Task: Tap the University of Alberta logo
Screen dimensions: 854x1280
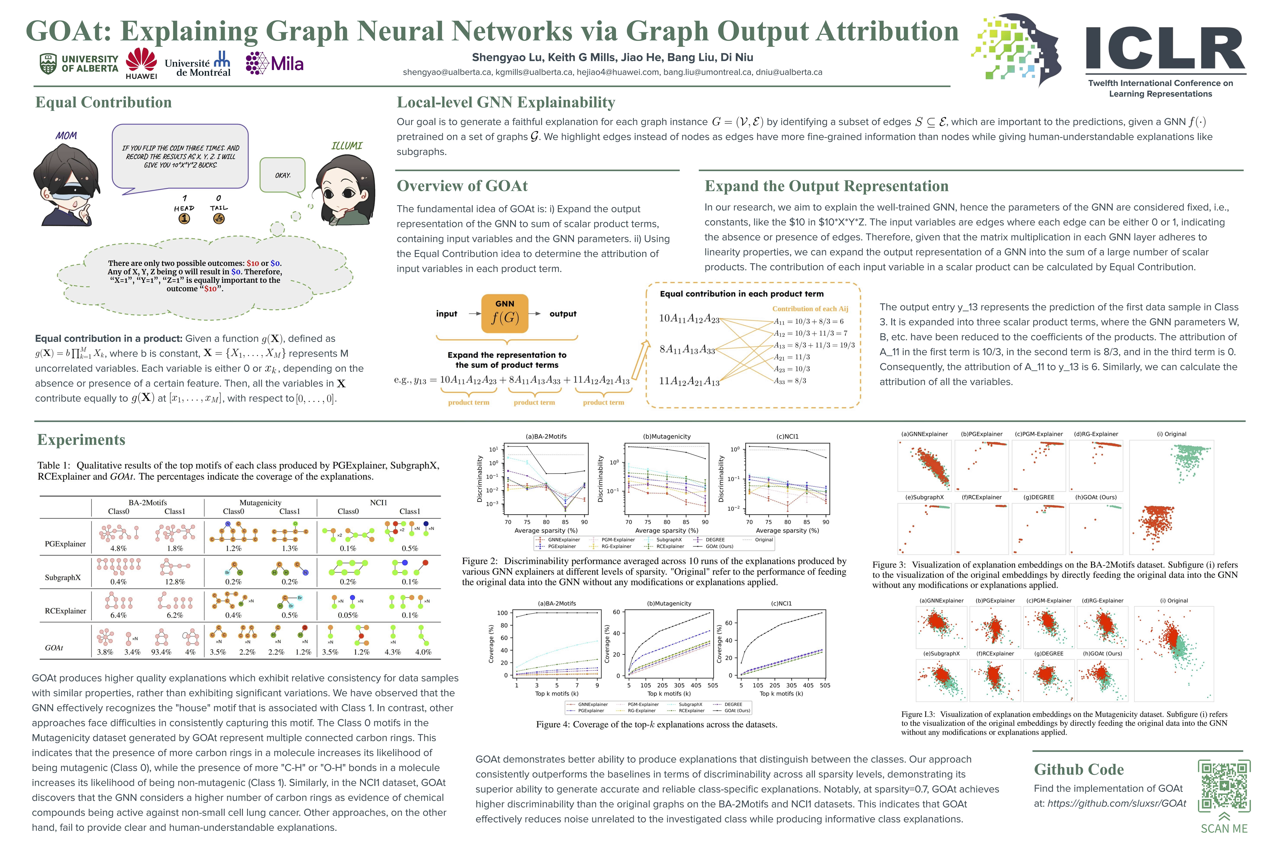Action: [79, 64]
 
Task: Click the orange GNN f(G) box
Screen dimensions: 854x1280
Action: [505, 313]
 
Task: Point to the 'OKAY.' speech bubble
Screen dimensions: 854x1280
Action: [282, 175]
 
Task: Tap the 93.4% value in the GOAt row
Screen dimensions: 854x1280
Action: [161, 652]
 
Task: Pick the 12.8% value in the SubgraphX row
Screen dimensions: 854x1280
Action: [175, 582]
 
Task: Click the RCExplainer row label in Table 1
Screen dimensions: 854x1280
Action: [65, 611]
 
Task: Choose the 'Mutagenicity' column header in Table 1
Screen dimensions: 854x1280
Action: [260, 502]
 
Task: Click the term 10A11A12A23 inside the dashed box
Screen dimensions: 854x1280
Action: [689, 318]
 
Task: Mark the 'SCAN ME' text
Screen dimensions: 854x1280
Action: [1224, 828]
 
